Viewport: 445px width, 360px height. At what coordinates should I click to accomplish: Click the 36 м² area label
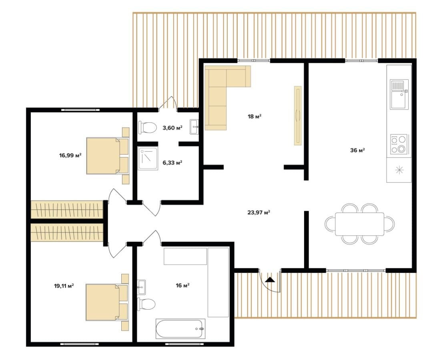click(357, 150)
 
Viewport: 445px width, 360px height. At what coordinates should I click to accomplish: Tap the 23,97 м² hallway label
click(259, 212)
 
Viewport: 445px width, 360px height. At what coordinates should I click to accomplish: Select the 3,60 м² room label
click(172, 128)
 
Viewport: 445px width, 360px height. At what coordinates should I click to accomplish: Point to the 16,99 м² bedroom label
click(70, 155)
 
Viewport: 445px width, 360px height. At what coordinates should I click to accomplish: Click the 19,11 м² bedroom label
click(64, 286)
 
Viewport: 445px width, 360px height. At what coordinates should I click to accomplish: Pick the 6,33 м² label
click(172, 162)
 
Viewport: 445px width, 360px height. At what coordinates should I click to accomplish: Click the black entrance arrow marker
click(270, 280)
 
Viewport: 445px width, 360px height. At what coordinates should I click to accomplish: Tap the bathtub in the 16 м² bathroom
click(180, 328)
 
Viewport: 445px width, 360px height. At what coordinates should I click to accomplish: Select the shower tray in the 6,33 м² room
click(148, 158)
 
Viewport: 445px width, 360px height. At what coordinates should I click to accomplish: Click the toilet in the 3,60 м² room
click(148, 127)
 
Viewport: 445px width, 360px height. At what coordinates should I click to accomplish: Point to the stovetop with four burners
click(399, 144)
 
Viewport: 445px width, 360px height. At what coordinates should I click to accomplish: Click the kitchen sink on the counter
click(399, 94)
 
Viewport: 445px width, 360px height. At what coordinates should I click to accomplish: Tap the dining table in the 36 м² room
click(360, 224)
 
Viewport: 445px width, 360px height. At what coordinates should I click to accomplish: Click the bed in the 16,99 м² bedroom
click(108, 156)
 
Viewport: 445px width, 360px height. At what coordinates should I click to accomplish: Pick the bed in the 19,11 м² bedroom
click(107, 302)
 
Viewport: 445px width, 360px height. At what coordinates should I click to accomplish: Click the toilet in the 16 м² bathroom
click(146, 304)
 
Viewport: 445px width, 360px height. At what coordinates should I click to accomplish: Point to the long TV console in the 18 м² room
click(298, 116)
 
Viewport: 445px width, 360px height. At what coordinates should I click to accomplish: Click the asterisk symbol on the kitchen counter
click(399, 170)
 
